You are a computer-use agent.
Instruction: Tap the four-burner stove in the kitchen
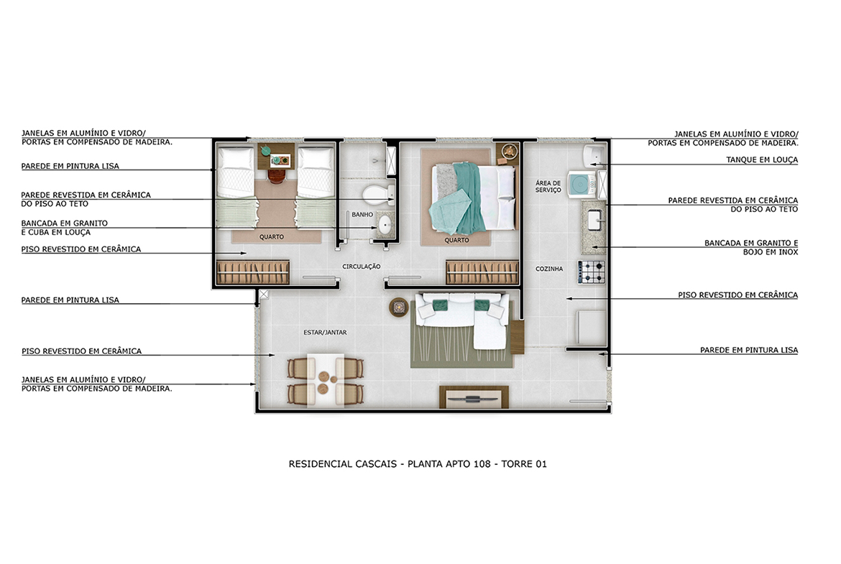click(591, 272)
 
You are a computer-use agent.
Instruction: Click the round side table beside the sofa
click(398, 308)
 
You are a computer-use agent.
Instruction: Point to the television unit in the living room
click(474, 397)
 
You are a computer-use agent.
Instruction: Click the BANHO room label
click(362, 214)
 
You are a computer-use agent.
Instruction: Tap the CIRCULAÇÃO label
click(362, 267)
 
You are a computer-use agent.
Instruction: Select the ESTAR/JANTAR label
click(325, 333)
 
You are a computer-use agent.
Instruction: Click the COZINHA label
click(549, 269)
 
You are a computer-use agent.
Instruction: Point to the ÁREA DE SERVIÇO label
click(548, 187)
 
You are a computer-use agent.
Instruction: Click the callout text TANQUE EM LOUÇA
click(762, 160)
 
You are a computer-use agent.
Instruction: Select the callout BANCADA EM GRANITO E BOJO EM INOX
click(751, 247)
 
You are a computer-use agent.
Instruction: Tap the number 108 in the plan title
click(482, 463)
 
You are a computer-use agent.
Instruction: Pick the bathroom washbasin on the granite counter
click(385, 224)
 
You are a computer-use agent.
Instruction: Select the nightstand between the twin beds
click(276, 156)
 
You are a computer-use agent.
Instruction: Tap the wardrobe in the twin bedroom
click(252, 272)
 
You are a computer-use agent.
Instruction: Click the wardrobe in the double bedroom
click(482, 272)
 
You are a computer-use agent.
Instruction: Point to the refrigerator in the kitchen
click(591, 328)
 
